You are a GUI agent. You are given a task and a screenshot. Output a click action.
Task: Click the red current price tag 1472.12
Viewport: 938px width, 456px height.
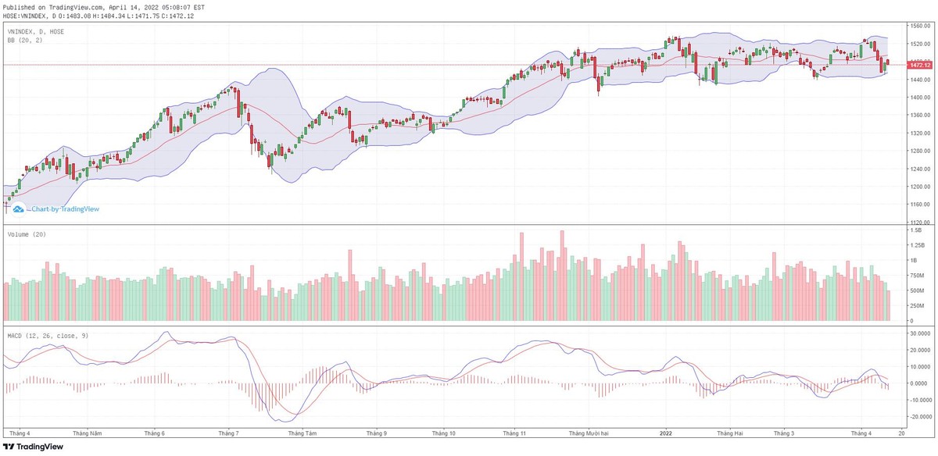coord(918,65)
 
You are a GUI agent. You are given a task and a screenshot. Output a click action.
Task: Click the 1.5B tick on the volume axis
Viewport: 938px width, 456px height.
coord(915,230)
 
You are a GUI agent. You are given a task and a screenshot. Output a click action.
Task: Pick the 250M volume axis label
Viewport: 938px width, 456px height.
coord(916,306)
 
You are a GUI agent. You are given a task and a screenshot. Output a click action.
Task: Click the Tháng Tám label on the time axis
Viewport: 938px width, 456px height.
coord(302,433)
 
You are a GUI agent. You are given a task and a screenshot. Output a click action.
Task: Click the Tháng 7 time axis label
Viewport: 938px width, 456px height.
coord(228,433)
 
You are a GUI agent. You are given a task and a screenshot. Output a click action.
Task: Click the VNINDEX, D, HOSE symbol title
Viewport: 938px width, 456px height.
coord(36,31)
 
